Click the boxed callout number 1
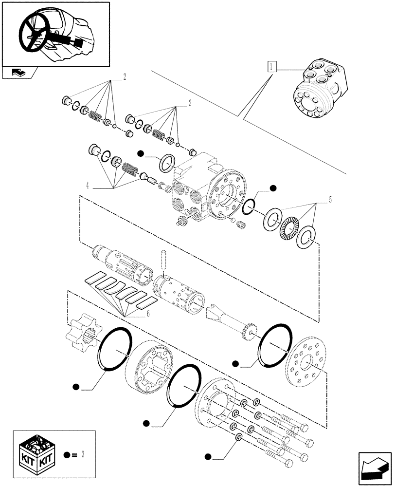click(271, 66)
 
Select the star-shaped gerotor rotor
click(82, 335)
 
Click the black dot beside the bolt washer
click(208, 456)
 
